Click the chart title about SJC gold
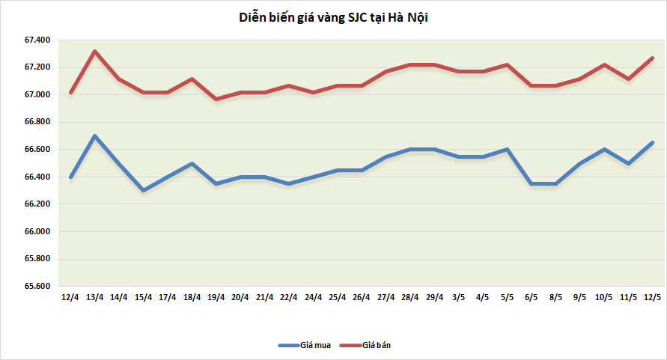pos(332,17)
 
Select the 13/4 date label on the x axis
pos(94,297)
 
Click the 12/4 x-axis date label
pos(70,297)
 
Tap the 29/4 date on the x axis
pos(434,297)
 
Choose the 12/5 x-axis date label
pos(652,297)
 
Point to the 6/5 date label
pos(532,297)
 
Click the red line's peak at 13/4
pos(94,52)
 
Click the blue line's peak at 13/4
pos(94,136)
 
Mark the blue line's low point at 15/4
pos(143,191)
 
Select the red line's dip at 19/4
pos(216,99)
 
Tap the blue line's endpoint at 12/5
pos(652,143)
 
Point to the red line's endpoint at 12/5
pos(652,58)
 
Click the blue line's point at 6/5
pos(532,183)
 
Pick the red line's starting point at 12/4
pos(70,92)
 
